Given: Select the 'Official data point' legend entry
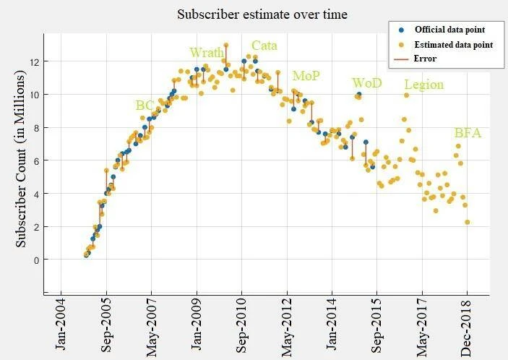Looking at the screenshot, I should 448,30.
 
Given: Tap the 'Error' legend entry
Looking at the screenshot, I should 426,59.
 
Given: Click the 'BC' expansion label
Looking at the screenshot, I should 145,106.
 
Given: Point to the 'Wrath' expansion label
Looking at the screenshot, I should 207,53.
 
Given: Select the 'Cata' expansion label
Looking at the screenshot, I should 264,46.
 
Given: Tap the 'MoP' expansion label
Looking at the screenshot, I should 306,76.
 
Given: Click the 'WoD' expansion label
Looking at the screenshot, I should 366,83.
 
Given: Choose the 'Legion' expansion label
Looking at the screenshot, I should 423,85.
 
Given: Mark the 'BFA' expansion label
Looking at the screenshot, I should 468,133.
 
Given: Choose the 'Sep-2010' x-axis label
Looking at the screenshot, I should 241,326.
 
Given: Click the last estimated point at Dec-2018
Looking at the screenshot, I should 468,222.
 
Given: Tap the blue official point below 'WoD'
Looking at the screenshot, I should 358,95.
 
